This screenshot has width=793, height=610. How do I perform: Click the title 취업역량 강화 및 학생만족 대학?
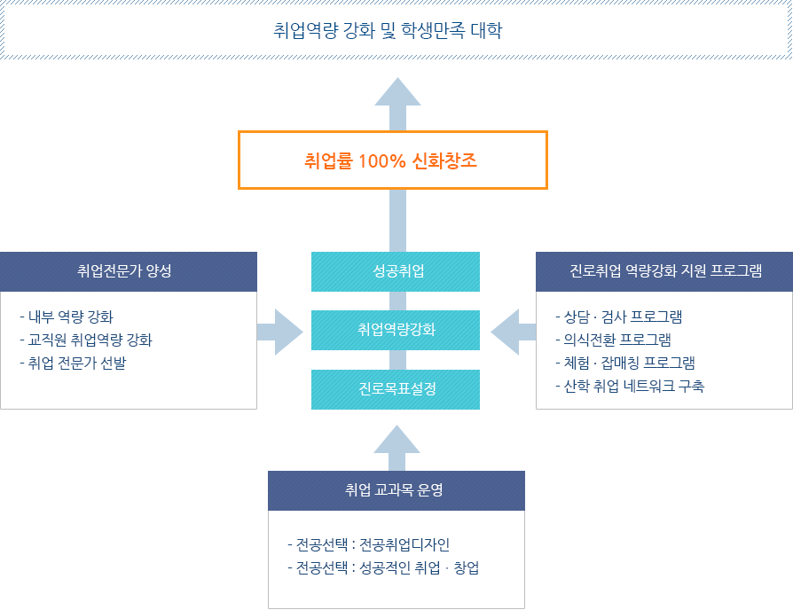coord(389,32)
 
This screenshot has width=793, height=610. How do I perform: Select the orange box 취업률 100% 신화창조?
coord(392,160)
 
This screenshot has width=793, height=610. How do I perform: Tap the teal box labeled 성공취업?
coord(396,271)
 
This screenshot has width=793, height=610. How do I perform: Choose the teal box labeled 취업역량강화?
coord(396,330)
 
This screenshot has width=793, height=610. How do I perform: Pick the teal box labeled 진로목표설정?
coord(396,389)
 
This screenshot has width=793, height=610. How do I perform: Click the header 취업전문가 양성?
coord(128,271)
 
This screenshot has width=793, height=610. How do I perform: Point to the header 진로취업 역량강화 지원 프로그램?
coord(664,271)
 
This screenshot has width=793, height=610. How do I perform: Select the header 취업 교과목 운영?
coord(396,489)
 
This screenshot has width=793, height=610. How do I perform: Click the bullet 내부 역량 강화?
coord(67,317)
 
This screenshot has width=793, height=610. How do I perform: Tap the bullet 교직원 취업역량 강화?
coord(87,340)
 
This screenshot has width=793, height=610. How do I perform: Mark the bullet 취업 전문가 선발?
coord(74,363)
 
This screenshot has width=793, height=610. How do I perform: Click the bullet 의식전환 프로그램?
coord(614,340)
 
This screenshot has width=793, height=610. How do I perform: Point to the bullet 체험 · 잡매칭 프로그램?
coord(625,363)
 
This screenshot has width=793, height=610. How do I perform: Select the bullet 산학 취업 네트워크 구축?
coord(630,386)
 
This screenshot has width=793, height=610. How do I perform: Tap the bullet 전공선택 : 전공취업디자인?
coord(375,545)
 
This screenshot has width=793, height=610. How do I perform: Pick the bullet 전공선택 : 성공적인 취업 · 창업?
coord(384,568)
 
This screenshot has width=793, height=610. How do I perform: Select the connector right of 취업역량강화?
coord(509,332)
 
